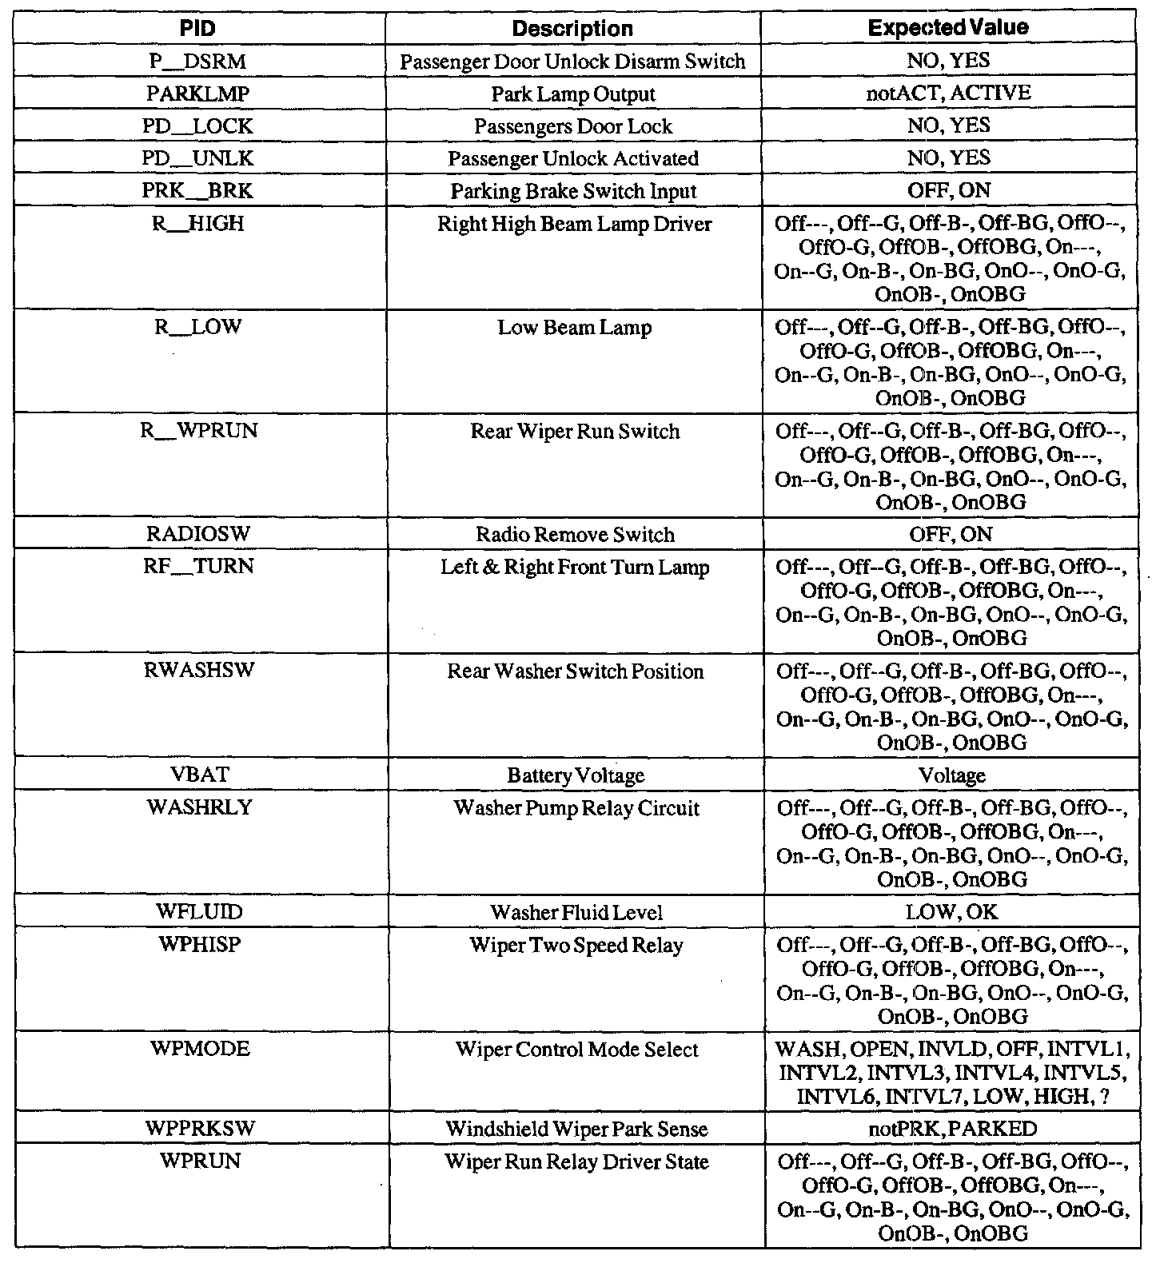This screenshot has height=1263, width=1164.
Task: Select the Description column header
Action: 572,29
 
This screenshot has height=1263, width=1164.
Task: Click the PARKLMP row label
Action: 198,94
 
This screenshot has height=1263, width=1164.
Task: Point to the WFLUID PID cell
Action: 200,911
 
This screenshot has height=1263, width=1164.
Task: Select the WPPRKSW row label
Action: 201,1129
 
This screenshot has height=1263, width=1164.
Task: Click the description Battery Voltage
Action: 576,775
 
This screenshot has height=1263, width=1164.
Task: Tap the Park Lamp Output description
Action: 573,94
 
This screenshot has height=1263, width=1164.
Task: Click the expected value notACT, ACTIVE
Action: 948,94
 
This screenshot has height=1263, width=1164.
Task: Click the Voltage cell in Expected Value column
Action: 951,775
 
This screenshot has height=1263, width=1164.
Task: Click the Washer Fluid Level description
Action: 576,912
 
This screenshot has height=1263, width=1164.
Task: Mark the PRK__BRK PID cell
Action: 198,191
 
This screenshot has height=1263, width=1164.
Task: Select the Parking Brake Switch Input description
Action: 573,192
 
